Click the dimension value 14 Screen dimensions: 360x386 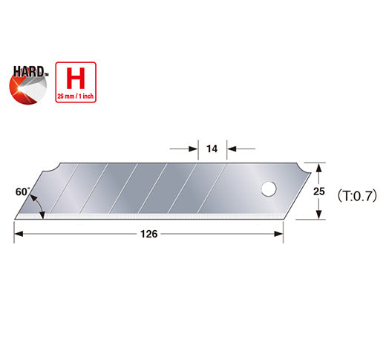tap(212, 149)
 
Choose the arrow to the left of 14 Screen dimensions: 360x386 tap(192, 149)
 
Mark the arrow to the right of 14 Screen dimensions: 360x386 tap(232, 149)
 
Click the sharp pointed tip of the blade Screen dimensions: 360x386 tap(15, 217)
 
